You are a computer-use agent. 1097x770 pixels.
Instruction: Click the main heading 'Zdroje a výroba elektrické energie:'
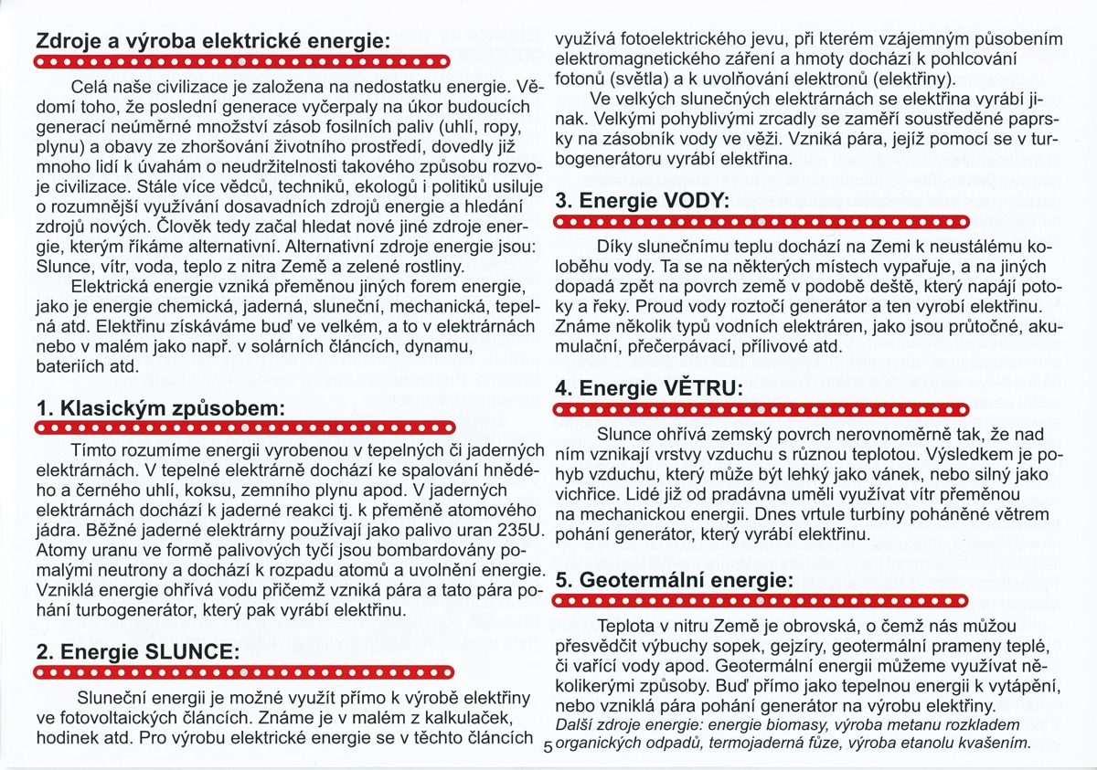tap(211, 42)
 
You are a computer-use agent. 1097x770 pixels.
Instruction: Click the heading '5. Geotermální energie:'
tap(675, 580)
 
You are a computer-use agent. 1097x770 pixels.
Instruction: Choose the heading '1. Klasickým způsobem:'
tap(160, 407)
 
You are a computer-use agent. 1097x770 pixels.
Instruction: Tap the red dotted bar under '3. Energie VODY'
tap(762, 223)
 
